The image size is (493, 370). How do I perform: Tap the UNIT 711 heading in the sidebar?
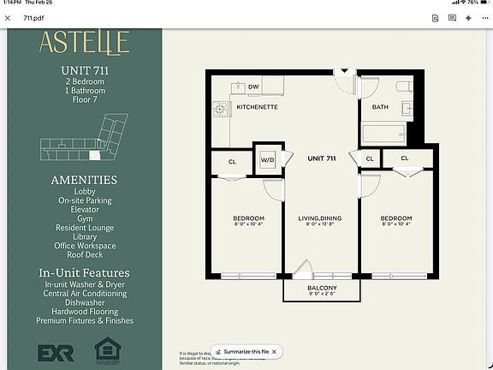click(x=84, y=69)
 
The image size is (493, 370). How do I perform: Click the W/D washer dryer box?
click(x=266, y=158)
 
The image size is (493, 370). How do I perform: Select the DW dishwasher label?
click(x=253, y=87)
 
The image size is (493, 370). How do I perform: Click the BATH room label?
click(x=380, y=107)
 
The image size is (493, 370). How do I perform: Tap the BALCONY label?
click(x=322, y=288)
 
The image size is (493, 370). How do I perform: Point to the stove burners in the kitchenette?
click(x=219, y=109)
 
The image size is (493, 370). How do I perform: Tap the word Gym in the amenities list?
click(x=84, y=219)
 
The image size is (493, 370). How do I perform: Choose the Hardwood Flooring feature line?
click(x=84, y=312)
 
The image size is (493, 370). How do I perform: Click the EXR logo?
click(x=56, y=352)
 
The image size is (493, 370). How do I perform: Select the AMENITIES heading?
click(x=84, y=180)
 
